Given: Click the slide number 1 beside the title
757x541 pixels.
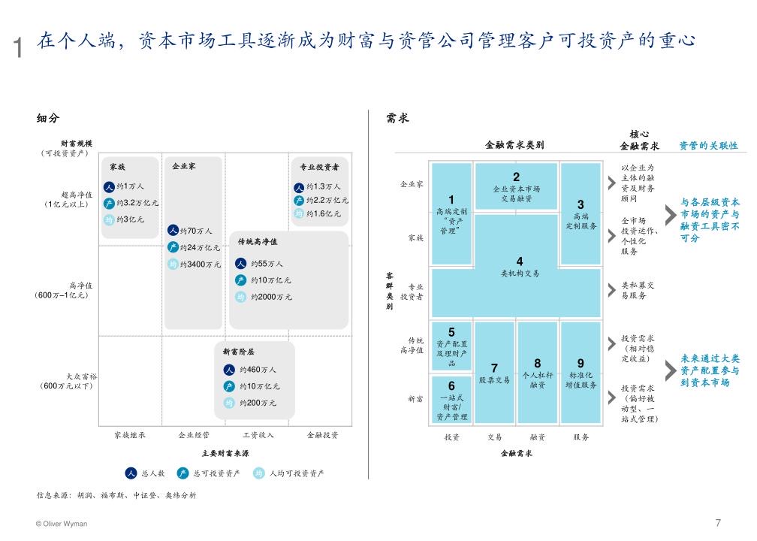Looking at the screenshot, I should click(x=19, y=48).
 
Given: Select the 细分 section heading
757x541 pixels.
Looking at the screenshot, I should click(x=47, y=118).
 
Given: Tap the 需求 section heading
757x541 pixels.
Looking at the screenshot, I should click(x=397, y=118).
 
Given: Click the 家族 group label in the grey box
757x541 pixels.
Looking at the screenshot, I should click(x=117, y=167).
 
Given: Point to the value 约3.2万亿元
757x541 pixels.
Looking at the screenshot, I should click(x=137, y=203).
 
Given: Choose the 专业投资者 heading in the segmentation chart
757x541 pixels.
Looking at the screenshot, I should click(x=319, y=167).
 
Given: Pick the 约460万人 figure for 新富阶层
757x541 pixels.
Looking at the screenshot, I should click(x=258, y=370).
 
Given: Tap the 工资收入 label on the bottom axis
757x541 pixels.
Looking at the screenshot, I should click(x=258, y=435).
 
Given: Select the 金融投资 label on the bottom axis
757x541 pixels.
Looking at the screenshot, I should click(x=322, y=435).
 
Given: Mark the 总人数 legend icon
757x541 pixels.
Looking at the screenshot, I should click(x=131, y=473).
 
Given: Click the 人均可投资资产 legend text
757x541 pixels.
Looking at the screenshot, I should click(x=297, y=473).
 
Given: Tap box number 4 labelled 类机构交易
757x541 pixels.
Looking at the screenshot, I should click(x=519, y=267).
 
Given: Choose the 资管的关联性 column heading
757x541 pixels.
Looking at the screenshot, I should click(x=708, y=146).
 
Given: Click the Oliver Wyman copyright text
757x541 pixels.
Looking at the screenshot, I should click(x=62, y=524).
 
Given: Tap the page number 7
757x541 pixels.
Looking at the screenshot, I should click(x=718, y=522).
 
